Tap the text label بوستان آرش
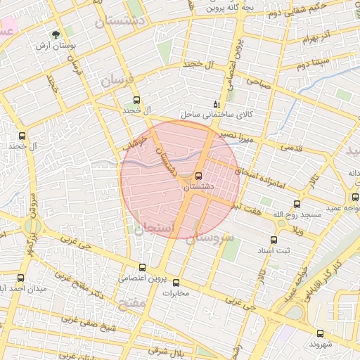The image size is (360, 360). coord(56,46)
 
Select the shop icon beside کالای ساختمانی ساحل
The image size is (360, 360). coord(215,103)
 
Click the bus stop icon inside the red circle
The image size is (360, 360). coord(198,176)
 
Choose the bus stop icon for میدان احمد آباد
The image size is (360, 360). coord(20,278)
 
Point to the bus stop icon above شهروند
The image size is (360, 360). coord(321,334)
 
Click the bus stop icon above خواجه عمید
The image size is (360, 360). coord(354,196)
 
